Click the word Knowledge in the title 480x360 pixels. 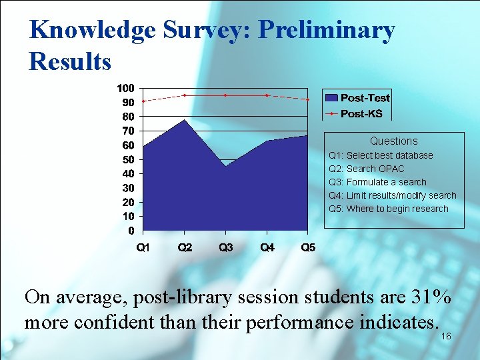pyautogui.click(x=83, y=31)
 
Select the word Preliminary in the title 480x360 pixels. pyautogui.click(x=326, y=31)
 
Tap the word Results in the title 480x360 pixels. pyautogui.click(x=70, y=61)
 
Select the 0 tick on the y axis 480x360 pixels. pyautogui.click(x=131, y=231)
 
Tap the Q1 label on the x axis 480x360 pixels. pyautogui.click(x=143, y=248)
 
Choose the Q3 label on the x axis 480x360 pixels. pyautogui.click(x=226, y=248)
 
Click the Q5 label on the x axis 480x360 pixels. pyautogui.click(x=308, y=248)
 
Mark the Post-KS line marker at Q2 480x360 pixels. pyautogui.click(x=185, y=95)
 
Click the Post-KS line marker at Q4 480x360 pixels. pyautogui.click(x=267, y=95)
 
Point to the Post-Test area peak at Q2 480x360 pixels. pyautogui.click(x=185, y=120)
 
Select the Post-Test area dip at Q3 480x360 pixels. pyautogui.click(x=226, y=166)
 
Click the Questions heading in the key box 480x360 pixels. pyautogui.click(x=393, y=141)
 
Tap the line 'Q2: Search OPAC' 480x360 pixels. pyautogui.click(x=367, y=169)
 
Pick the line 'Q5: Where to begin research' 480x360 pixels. pyautogui.click(x=389, y=209)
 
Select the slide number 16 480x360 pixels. pyautogui.click(x=446, y=337)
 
